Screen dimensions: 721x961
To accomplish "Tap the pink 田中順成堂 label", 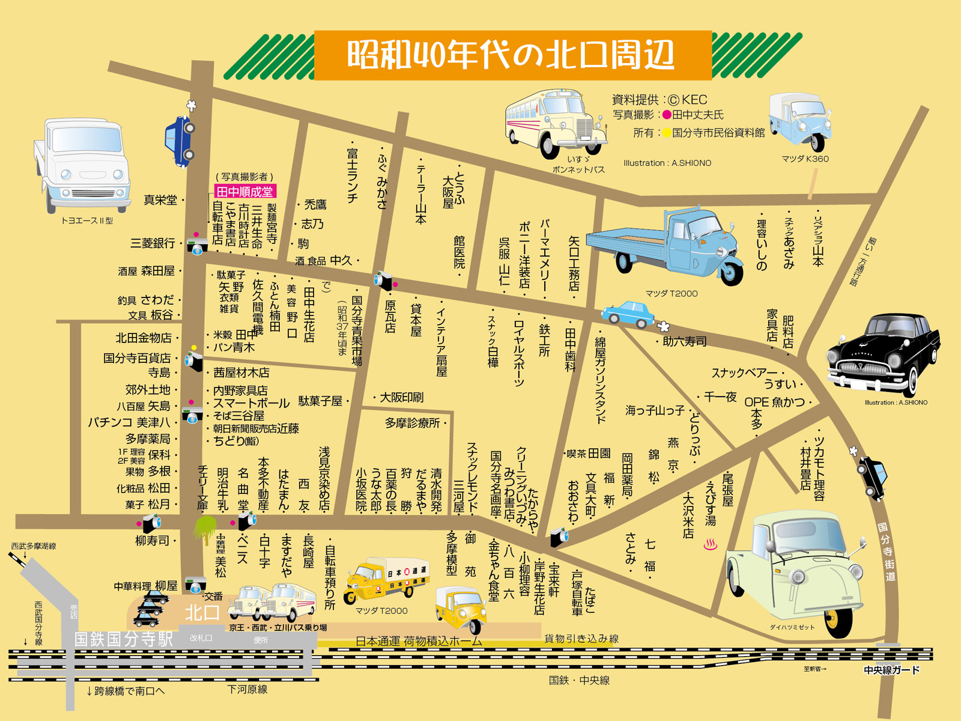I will click(x=244, y=192).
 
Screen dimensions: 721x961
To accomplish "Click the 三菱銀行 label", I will click(x=153, y=243).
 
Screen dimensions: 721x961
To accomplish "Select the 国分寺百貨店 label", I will click(x=137, y=358).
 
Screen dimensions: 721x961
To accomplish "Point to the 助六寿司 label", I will click(x=685, y=341).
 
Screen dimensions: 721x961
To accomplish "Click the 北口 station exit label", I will click(x=202, y=613).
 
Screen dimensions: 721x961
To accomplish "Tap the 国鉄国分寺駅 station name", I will click(x=124, y=639).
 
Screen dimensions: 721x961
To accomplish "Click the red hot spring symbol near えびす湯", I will click(x=710, y=545).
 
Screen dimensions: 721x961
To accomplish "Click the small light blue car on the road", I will click(x=628, y=314).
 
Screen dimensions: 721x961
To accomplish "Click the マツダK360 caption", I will click(x=805, y=159).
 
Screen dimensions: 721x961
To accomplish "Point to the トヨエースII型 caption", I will click(x=87, y=221).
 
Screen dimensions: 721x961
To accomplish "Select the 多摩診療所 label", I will click(x=413, y=424).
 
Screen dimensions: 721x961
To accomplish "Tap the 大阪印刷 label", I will click(x=401, y=397).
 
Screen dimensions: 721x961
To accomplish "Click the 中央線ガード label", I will click(x=891, y=670).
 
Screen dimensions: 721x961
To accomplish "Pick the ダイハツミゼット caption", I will click(x=792, y=627).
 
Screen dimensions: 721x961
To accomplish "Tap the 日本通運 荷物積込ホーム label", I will click(x=419, y=641).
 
